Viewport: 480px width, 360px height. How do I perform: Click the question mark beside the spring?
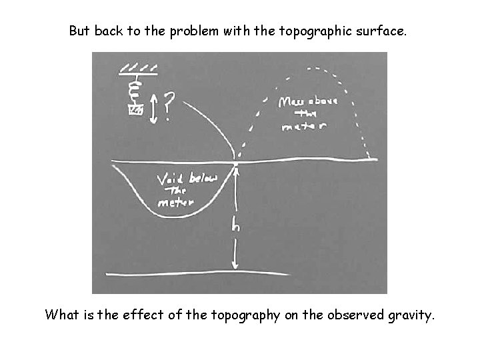tap(169, 106)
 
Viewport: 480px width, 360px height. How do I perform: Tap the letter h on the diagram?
tap(235, 226)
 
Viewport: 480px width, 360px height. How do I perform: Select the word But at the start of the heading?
tap(81, 31)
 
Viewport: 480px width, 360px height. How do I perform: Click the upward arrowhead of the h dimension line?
tap(236, 171)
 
